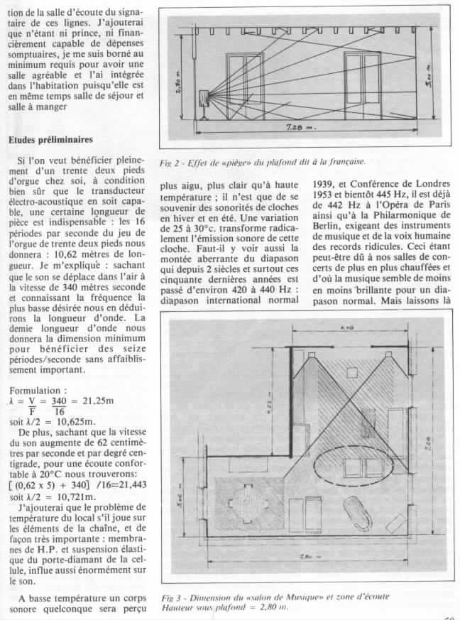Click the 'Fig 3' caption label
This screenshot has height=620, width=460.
coord(172,597)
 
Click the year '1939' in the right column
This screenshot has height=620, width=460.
coord(326,188)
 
